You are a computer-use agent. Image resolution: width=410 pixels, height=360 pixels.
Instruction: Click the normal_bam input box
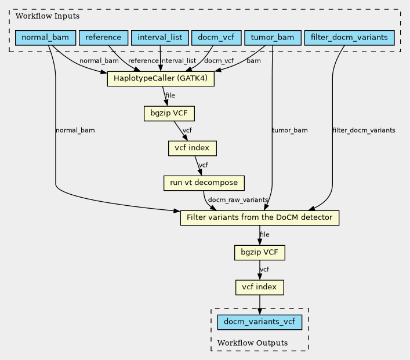click(x=45, y=38)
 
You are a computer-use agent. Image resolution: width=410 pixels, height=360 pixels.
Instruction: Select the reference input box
click(x=104, y=38)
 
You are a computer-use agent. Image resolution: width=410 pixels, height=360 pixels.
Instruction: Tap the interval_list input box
click(x=159, y=38)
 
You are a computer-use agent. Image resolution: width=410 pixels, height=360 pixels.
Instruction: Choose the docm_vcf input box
click(x=216, y=38)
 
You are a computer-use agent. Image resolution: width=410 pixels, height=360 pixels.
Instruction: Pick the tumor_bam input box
click(x=273, y=38)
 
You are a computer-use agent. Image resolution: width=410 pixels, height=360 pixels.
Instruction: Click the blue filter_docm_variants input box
click(x=349, y=38)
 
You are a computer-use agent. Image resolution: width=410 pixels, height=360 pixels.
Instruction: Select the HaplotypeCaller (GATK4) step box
click(x=161, y=78)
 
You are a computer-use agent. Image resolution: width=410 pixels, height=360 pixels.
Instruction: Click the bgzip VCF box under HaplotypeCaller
click(x=169, y=114)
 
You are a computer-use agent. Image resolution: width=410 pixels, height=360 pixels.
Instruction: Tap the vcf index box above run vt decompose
click(x=193, y=148)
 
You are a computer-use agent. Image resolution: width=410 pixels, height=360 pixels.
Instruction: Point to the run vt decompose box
click(x=204, y=183)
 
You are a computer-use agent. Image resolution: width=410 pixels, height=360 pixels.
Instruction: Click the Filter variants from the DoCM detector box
click(x=260, y=218)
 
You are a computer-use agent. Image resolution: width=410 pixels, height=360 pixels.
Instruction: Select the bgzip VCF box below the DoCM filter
click(x=260, y=253)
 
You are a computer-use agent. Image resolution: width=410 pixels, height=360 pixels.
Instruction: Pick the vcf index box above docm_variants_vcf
click(x=260, y=288)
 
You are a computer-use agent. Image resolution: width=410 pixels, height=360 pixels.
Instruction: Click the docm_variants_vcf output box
click(x=260, y=322)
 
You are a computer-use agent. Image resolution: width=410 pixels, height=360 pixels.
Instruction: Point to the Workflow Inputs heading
click(x=48, y=16)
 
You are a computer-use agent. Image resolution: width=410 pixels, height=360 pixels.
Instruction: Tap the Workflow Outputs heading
click(x=253, y=343)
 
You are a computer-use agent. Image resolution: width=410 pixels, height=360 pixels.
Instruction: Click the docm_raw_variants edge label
click(x=238, y=200)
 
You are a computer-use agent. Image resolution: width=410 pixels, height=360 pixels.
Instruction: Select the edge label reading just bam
click(x=253, y=61)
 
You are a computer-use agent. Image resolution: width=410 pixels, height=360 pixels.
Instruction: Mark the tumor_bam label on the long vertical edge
click(x=290, y=130)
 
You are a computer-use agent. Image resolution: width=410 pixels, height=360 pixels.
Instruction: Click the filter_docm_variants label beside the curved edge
click(x=364, y=130)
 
